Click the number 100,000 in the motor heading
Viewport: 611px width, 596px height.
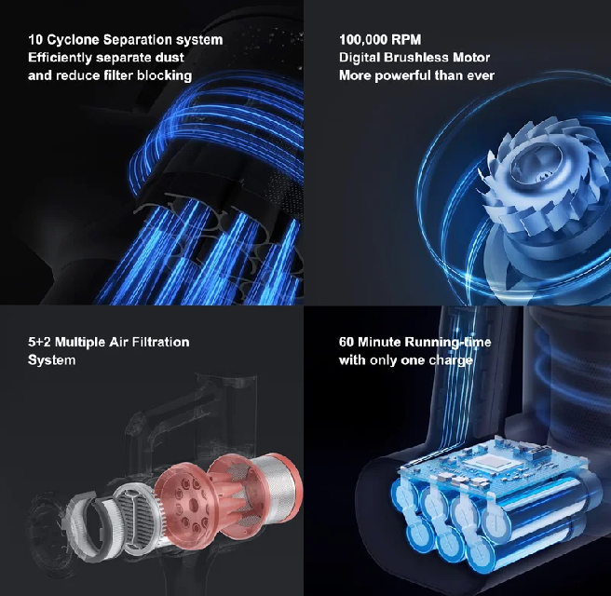coord(363,40)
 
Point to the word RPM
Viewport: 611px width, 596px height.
coord(406,40)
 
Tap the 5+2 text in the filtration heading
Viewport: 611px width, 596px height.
coord(39,342)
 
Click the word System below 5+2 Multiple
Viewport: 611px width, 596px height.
coord(52,360)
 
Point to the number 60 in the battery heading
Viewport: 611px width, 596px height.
coord(346,342)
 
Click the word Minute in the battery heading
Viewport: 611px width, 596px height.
coord(379,342)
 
